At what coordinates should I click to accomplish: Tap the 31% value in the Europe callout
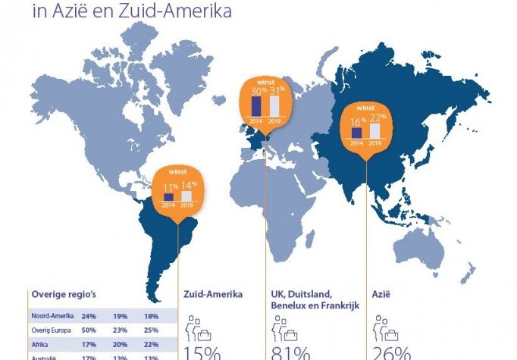tap(276, 90)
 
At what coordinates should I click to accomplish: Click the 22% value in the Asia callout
tap(378, 116)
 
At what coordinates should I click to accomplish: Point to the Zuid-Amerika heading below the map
tap(214, 294)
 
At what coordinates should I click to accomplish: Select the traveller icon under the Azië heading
tap(385, 328)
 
